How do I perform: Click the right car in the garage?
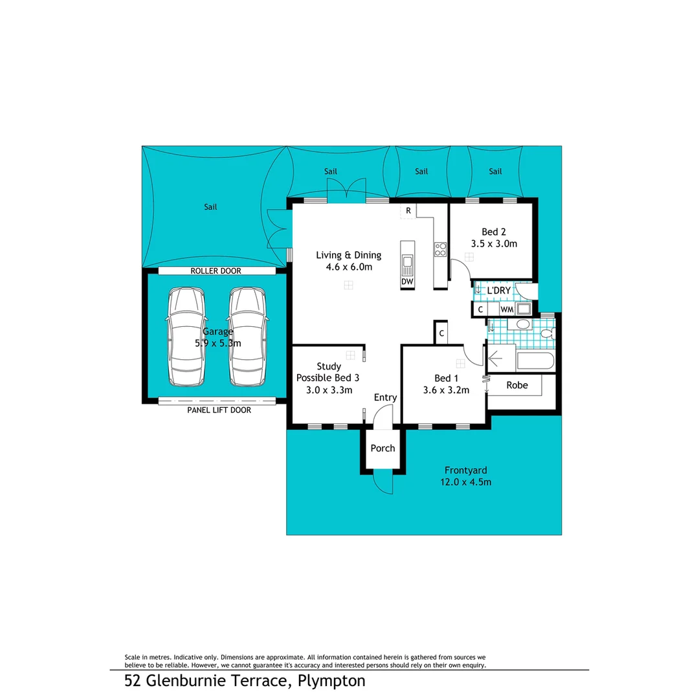[247, 336]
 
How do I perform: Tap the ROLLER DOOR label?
[216, 271]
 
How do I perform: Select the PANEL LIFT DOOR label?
[219, 410]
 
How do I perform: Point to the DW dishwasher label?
[407, 282]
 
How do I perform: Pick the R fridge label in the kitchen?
[408, 210]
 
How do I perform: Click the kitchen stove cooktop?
[440, 249]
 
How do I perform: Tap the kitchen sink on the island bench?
[407, 262]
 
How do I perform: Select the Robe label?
[517, 385]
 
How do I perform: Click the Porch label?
[383, 448]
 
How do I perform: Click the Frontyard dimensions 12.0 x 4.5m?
[465, 482]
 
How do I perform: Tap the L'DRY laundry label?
[498, 291]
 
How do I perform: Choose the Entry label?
[385, 397]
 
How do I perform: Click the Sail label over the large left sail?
[210, 207]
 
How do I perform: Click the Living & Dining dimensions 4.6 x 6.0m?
[348, 267]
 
